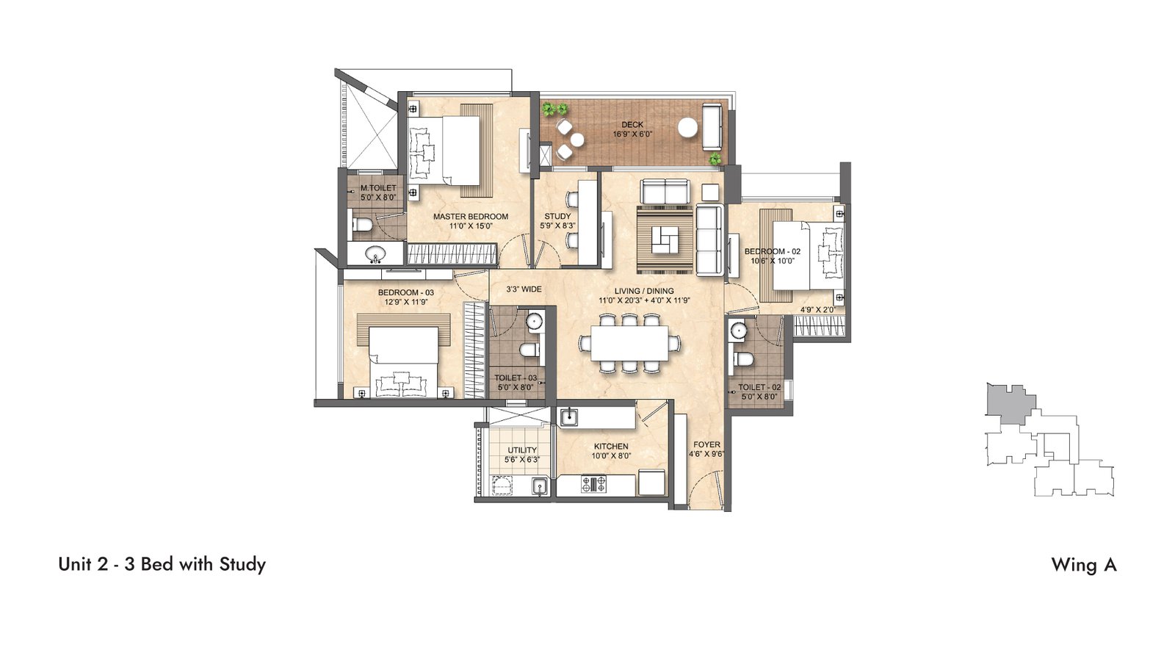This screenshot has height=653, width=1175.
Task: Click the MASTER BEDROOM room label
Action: (x=471, y=217)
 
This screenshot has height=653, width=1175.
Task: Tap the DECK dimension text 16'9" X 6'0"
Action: (x=632, y=134)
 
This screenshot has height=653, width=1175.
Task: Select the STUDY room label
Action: (x=557, y=216)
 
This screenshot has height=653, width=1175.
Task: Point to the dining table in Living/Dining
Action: (x=629, y=343)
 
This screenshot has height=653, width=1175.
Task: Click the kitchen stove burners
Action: (x=593, y=483)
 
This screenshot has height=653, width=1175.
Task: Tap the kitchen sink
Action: (x=568, y=417)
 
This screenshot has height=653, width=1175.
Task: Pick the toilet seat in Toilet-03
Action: (x=529, y=350)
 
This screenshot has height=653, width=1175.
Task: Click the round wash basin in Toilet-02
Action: (x=739, y=331)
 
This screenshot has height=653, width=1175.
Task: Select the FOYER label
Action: (x=706, y=444)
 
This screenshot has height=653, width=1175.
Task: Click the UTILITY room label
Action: (x=522, y=450)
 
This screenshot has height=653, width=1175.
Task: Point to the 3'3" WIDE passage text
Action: (x=524, y=289)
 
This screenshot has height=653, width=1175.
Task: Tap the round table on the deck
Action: (x=687, y=128)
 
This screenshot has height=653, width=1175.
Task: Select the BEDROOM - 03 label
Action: (x=406, y=292)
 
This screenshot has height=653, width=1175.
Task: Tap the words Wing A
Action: (x=1084, y=565)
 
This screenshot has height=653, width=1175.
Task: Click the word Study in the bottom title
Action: (x=242, y=565)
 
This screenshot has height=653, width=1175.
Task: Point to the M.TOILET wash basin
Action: (x=375, y=254)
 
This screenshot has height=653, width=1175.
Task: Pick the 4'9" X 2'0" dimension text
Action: (x=817, y=310)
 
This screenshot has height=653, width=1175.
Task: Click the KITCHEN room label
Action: (x=611, y=447)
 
